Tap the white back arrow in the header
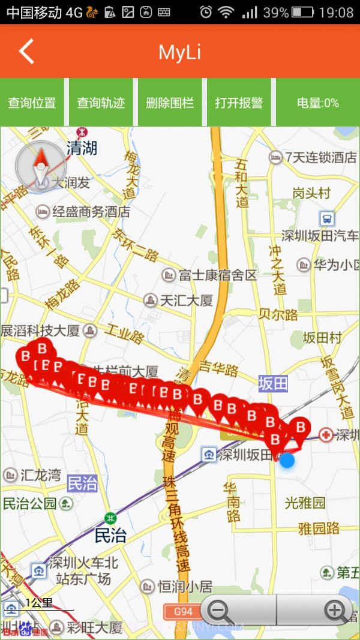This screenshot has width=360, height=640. point(26,52)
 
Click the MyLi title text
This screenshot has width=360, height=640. point(179,52)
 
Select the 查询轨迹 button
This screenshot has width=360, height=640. point(101,103)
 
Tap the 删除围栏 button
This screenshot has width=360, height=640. point(170,103)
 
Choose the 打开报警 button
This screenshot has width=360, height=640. point(239,103)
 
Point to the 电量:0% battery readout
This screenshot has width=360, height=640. point(318,103)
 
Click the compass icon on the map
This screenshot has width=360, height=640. point(40,166)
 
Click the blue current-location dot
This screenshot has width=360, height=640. point(287,461)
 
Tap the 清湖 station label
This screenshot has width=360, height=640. point(82,148)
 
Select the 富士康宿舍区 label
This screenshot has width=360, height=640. point(217,275)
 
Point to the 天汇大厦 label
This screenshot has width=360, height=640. point(186,300)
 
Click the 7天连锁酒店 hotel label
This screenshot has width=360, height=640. point(320,158)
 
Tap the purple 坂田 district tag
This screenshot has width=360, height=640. point(273,383)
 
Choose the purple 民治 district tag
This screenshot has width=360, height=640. point(82,483)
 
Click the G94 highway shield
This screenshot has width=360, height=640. point(183,612)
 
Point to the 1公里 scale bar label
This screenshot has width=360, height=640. point(39,603)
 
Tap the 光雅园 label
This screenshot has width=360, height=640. point(305,503)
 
